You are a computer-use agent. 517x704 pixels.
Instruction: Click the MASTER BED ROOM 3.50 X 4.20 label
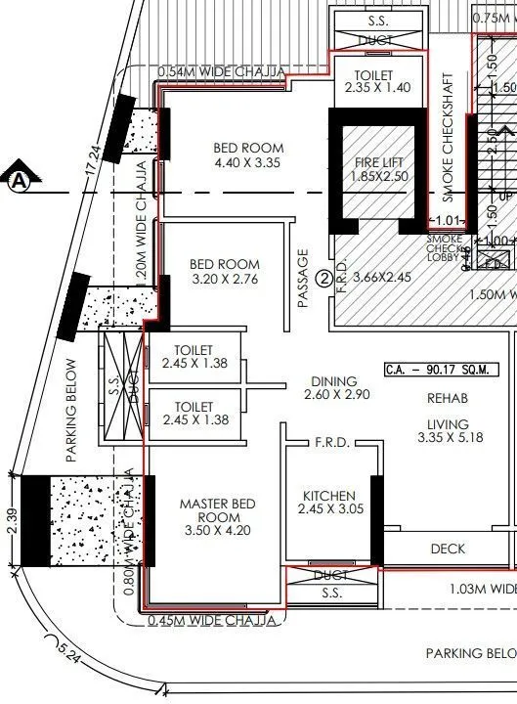click(217, 517)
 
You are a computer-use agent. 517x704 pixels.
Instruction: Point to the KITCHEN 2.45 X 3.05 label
click(328, 503)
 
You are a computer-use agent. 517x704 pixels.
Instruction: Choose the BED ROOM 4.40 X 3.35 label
click(247, 155)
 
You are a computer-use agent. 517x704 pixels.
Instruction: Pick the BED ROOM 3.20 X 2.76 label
click(224, 272)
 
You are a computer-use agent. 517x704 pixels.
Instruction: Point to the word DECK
click(448, 550)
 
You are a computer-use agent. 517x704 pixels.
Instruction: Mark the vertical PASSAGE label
click(303, 279)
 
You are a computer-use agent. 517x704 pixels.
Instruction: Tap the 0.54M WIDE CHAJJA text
click(221, 72)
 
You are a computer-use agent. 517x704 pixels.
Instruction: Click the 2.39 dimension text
click(10, 518)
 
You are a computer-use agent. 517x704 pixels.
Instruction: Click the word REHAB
click(447, 398)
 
